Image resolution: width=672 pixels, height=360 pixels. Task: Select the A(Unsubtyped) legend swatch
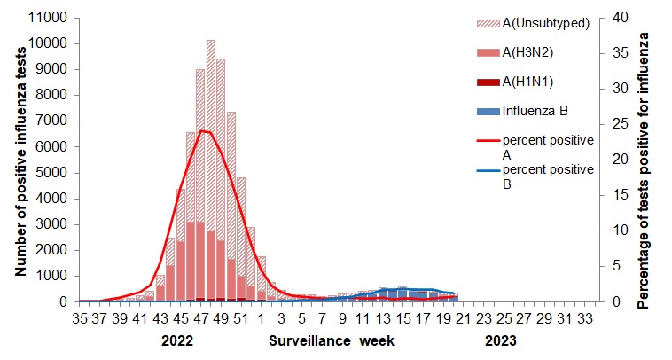click(487, 23)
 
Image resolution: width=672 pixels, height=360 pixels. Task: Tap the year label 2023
click(498, 340)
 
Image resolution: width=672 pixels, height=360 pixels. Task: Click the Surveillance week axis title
click(332, 340)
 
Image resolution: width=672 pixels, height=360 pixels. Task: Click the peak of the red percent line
click(203, 130)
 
